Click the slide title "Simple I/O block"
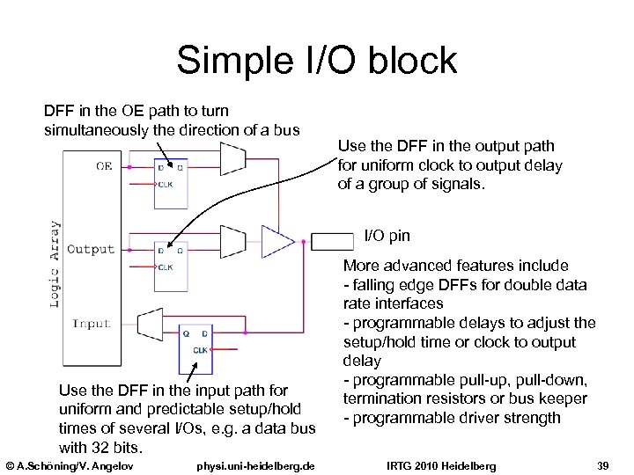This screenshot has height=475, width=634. tap(316, 61)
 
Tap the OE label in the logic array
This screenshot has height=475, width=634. tap(104, 165)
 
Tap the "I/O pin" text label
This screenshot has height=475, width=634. tap(387, 236)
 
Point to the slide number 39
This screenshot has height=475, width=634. tap(603, 464)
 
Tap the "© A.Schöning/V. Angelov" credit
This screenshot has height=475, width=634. tap(69, 464)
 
